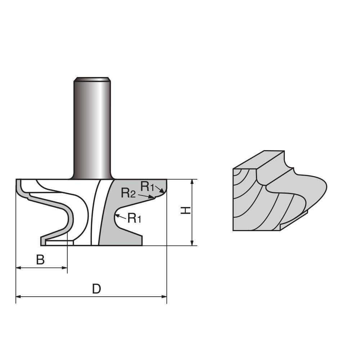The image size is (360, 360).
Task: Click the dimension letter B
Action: click(41, 260)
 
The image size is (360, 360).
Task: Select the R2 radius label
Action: click(128, 193)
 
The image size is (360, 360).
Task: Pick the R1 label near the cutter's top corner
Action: click(147, 186)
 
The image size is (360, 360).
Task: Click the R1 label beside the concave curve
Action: click(134, 218)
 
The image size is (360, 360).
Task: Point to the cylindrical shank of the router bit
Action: click(92, 130)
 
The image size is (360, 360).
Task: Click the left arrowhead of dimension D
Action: click(18, 297)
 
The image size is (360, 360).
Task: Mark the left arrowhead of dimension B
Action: click(18, 267)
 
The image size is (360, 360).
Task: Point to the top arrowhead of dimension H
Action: click(192, 181)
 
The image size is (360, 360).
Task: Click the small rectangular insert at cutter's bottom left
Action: click(59, 243)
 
